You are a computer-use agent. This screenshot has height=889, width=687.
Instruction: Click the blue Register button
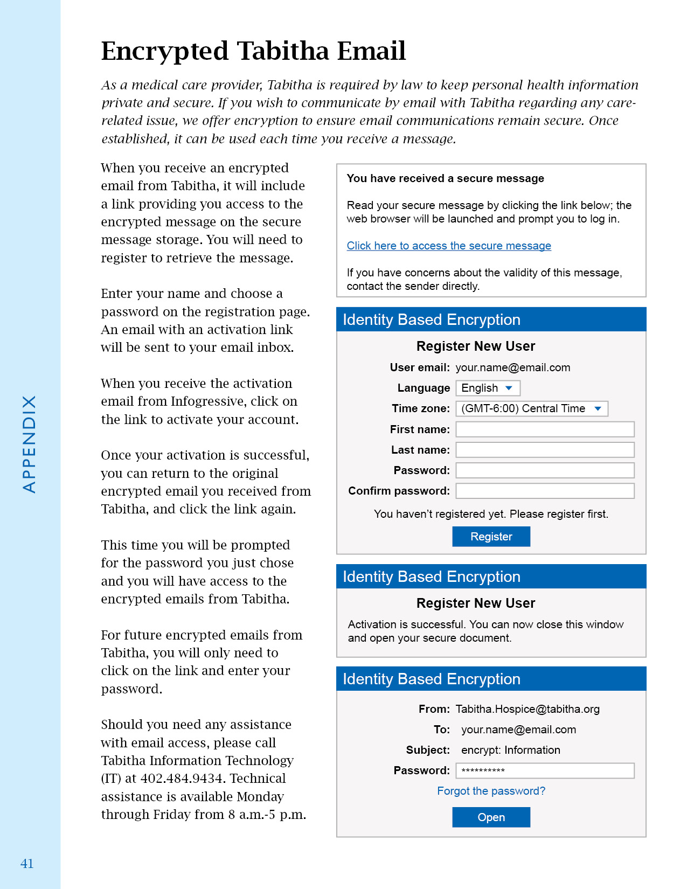[491, 537]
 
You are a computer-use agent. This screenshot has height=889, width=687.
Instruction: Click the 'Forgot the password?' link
[491, 791]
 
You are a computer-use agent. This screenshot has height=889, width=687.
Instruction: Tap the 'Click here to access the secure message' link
[448, 246]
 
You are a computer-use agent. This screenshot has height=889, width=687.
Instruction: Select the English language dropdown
[488, 388]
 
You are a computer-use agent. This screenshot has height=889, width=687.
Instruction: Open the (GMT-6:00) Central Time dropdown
[531, 408]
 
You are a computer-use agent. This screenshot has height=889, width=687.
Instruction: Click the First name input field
[545, 429]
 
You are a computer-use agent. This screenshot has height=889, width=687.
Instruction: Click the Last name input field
[545, 450]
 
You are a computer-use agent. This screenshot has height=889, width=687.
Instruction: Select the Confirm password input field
[545, 491]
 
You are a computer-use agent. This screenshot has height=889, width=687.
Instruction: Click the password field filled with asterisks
[545, 770]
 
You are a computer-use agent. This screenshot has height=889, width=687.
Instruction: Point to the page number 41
[27, 864]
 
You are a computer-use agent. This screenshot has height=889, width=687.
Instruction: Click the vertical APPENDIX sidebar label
[29, 444]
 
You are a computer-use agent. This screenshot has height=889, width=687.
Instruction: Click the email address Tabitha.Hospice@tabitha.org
[527, 709]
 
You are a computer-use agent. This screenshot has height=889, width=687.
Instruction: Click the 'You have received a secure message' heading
[445, 178]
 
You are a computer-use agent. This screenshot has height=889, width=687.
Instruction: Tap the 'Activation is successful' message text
[485, 631]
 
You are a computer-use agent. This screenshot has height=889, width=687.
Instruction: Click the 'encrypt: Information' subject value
[510, 750]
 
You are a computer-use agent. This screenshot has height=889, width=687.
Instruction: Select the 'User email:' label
[420, 367]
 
